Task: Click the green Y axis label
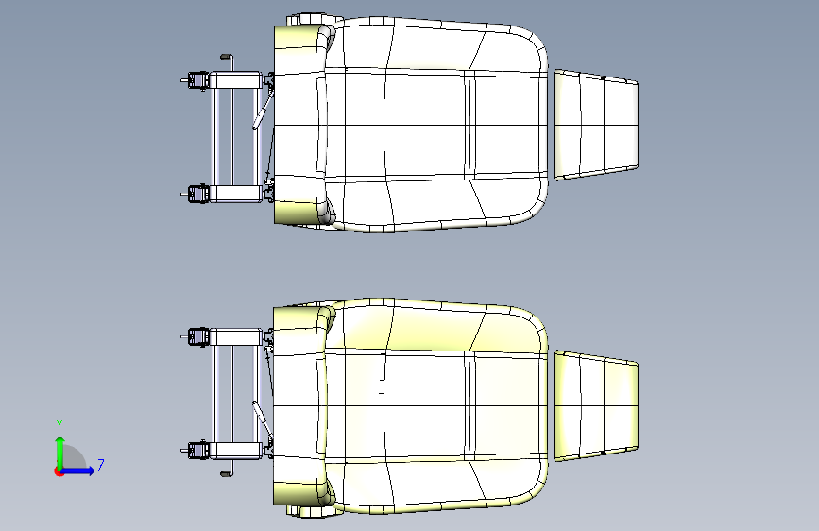tap(60, 425)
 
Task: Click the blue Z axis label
tap(101, 465)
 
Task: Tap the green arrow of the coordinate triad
tap(60, 453)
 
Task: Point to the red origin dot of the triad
tap(58, 471)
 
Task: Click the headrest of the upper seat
tap(596, 125)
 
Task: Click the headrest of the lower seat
tap(596, 406)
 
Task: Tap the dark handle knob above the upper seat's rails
tap(225, 56)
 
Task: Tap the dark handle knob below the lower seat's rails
tap(226, 474)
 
